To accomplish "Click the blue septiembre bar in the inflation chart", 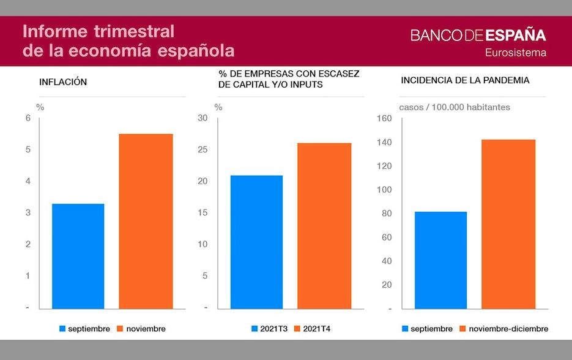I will pyautogui.click(x=78, y=256).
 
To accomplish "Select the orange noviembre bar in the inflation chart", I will pyautogui.click(x=146, y=221).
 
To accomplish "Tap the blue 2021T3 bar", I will pyautogui.click(x=256, y=242).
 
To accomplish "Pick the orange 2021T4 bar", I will pyautogui.click(x=324, y=225).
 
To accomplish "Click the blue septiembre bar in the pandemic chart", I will pyautogui.click(x=440, y=260).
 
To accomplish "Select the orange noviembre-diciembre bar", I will pyautogui.click(x=508, y=224).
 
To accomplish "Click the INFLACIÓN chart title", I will pyautogui.click(x=63, y=81).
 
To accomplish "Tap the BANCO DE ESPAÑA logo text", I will pyautogui.click(x=478, y=35).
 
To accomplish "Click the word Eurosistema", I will pyautogui.click(x=515, y=53).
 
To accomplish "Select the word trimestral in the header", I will pyautogui.click(x=135, y=31).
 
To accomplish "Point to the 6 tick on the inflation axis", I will pyautogui.click(x=28, y=118).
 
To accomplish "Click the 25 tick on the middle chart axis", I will pyautogui.click(x=203, y=149).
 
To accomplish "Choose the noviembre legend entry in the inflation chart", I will pyautogui.click(x=146, y=329).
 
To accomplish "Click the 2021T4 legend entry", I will pyautogui.click(x=317, y=329).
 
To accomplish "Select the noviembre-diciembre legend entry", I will pyautogui.click(x=508, y=329).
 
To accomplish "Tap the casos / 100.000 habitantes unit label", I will pyautogui.click(x=454, y=107).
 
